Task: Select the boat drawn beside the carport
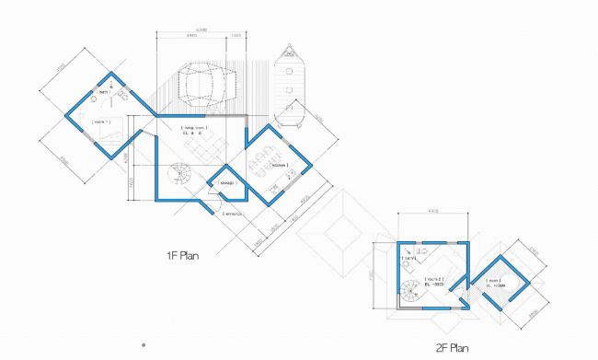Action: coord(290,87)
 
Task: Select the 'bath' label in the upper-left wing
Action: coord(104,93)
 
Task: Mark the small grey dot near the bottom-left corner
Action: coord(143,344)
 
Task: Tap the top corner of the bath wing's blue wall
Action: coord(111,72)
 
